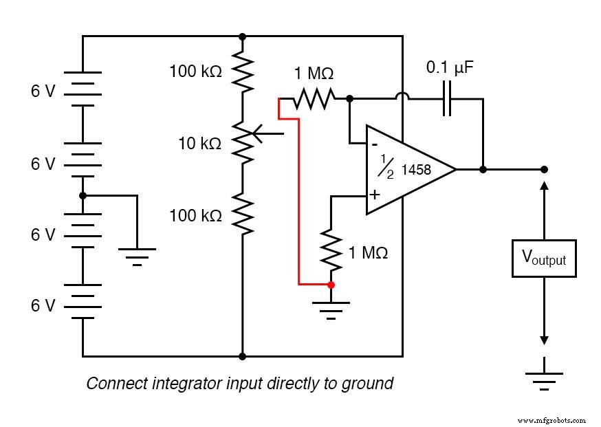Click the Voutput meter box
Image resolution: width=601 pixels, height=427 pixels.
coord(543,259)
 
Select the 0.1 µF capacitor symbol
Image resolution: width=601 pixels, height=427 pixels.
coord(448,98)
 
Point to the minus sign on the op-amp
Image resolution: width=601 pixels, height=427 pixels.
coord(374,144)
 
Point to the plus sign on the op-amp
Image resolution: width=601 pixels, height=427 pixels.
coord(374,195)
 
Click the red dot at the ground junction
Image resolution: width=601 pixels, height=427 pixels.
coord(331,284)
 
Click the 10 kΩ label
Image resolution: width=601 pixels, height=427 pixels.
coord(199,144)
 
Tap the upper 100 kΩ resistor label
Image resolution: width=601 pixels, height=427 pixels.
coord(195,70)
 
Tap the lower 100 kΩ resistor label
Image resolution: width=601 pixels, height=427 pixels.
coord(195,216)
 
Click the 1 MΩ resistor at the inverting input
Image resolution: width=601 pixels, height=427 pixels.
coord(314,99)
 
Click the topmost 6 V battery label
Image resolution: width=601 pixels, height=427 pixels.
coord(43,91)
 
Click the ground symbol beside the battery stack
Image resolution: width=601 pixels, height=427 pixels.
coord(137,255)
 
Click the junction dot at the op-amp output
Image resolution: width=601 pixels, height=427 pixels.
coord(483,169)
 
